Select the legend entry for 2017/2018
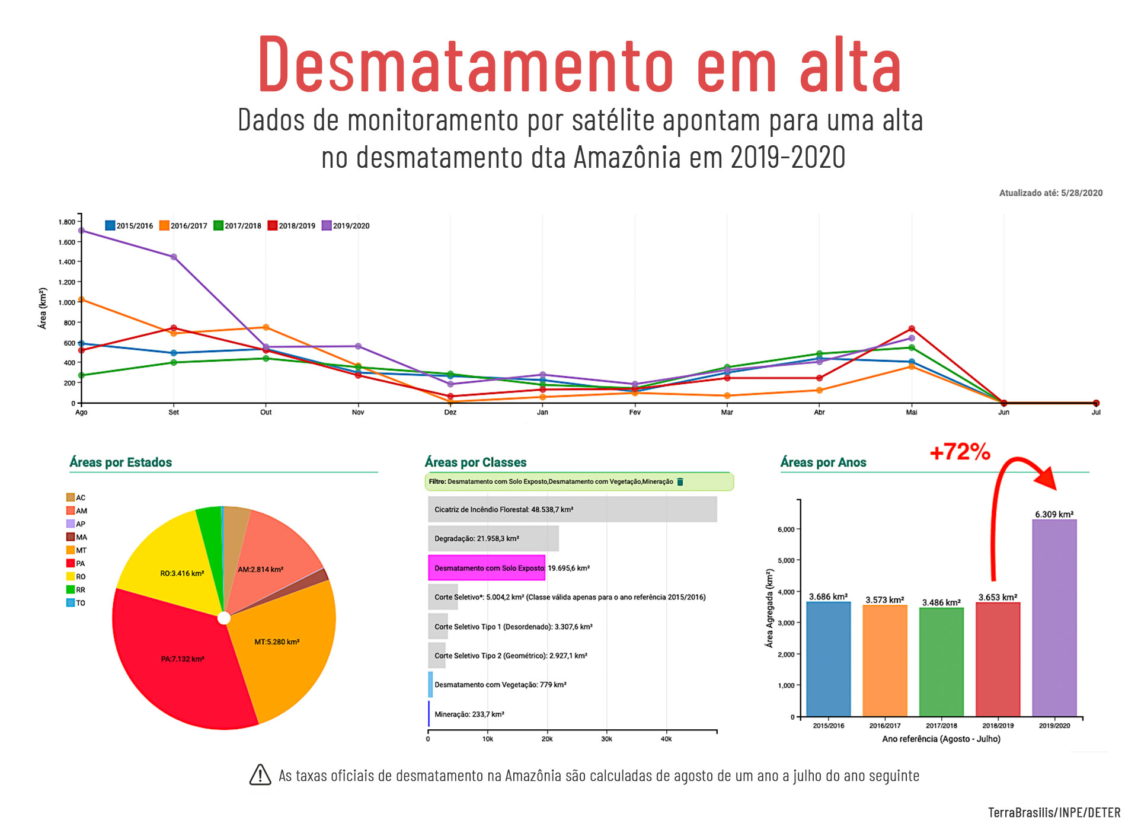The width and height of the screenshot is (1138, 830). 237,226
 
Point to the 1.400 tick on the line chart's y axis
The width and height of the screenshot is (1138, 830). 67,262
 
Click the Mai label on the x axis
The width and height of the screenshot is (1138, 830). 911,413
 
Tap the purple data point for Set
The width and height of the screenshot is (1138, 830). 174,257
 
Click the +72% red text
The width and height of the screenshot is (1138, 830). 960,452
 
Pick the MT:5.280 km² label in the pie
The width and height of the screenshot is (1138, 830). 277,642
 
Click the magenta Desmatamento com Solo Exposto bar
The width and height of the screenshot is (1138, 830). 486,568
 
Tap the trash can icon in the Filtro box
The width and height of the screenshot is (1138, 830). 680,482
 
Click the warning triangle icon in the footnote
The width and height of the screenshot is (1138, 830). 260,775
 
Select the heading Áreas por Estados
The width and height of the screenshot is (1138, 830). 120,462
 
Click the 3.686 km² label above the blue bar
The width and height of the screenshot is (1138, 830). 828,596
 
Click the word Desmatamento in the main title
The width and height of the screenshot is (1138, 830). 465,64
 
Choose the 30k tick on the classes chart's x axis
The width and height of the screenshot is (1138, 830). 606,739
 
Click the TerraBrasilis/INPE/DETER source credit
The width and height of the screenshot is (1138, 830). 1054,813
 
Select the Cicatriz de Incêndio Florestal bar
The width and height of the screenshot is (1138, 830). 572,510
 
